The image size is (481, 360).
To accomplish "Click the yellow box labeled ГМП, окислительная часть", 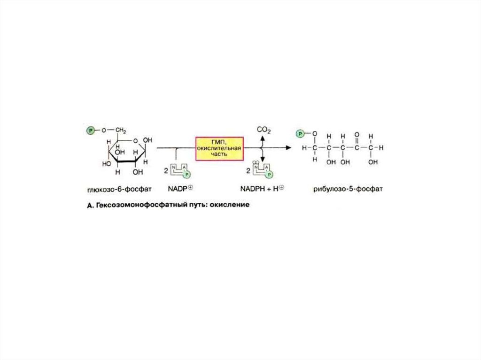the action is [220, 149].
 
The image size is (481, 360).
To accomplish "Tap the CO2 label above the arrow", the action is [264, 130].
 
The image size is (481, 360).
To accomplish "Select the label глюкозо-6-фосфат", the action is [119, 189].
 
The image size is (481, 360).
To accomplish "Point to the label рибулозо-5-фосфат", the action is [348, 189].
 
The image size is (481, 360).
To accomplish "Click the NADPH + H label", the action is [262, 189].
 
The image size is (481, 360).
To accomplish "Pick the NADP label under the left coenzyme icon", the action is [180, 189].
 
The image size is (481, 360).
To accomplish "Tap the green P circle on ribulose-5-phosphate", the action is [300, 134].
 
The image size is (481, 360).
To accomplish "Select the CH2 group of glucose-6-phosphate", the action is [121, 131].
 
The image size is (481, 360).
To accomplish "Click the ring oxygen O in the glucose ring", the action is [135, 141].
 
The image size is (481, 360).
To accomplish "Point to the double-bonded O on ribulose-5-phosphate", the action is [357, 135].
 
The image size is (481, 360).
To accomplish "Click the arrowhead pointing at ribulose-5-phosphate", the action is [288, 148].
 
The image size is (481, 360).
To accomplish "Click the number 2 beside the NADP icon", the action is [166, 171].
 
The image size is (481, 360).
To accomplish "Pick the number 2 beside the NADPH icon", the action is [248, 171].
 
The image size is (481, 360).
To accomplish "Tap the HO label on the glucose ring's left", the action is [107, 164].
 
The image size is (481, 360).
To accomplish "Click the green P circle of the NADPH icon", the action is [270, 175].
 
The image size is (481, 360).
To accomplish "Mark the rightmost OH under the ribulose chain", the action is [372, 161].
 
